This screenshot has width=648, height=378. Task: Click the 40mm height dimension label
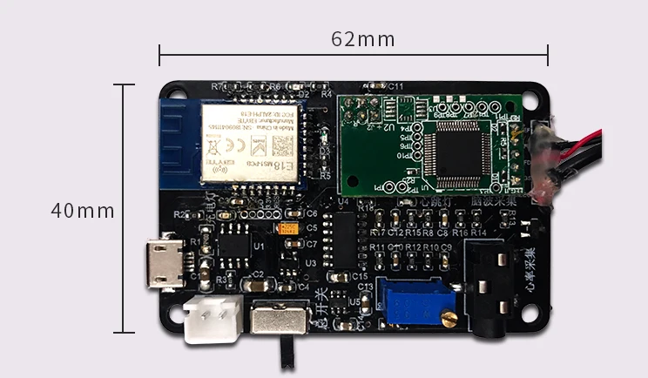pyautogui.click(x=82, y=210)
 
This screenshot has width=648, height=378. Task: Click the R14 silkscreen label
pyautogui.click(x=478, y=233)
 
